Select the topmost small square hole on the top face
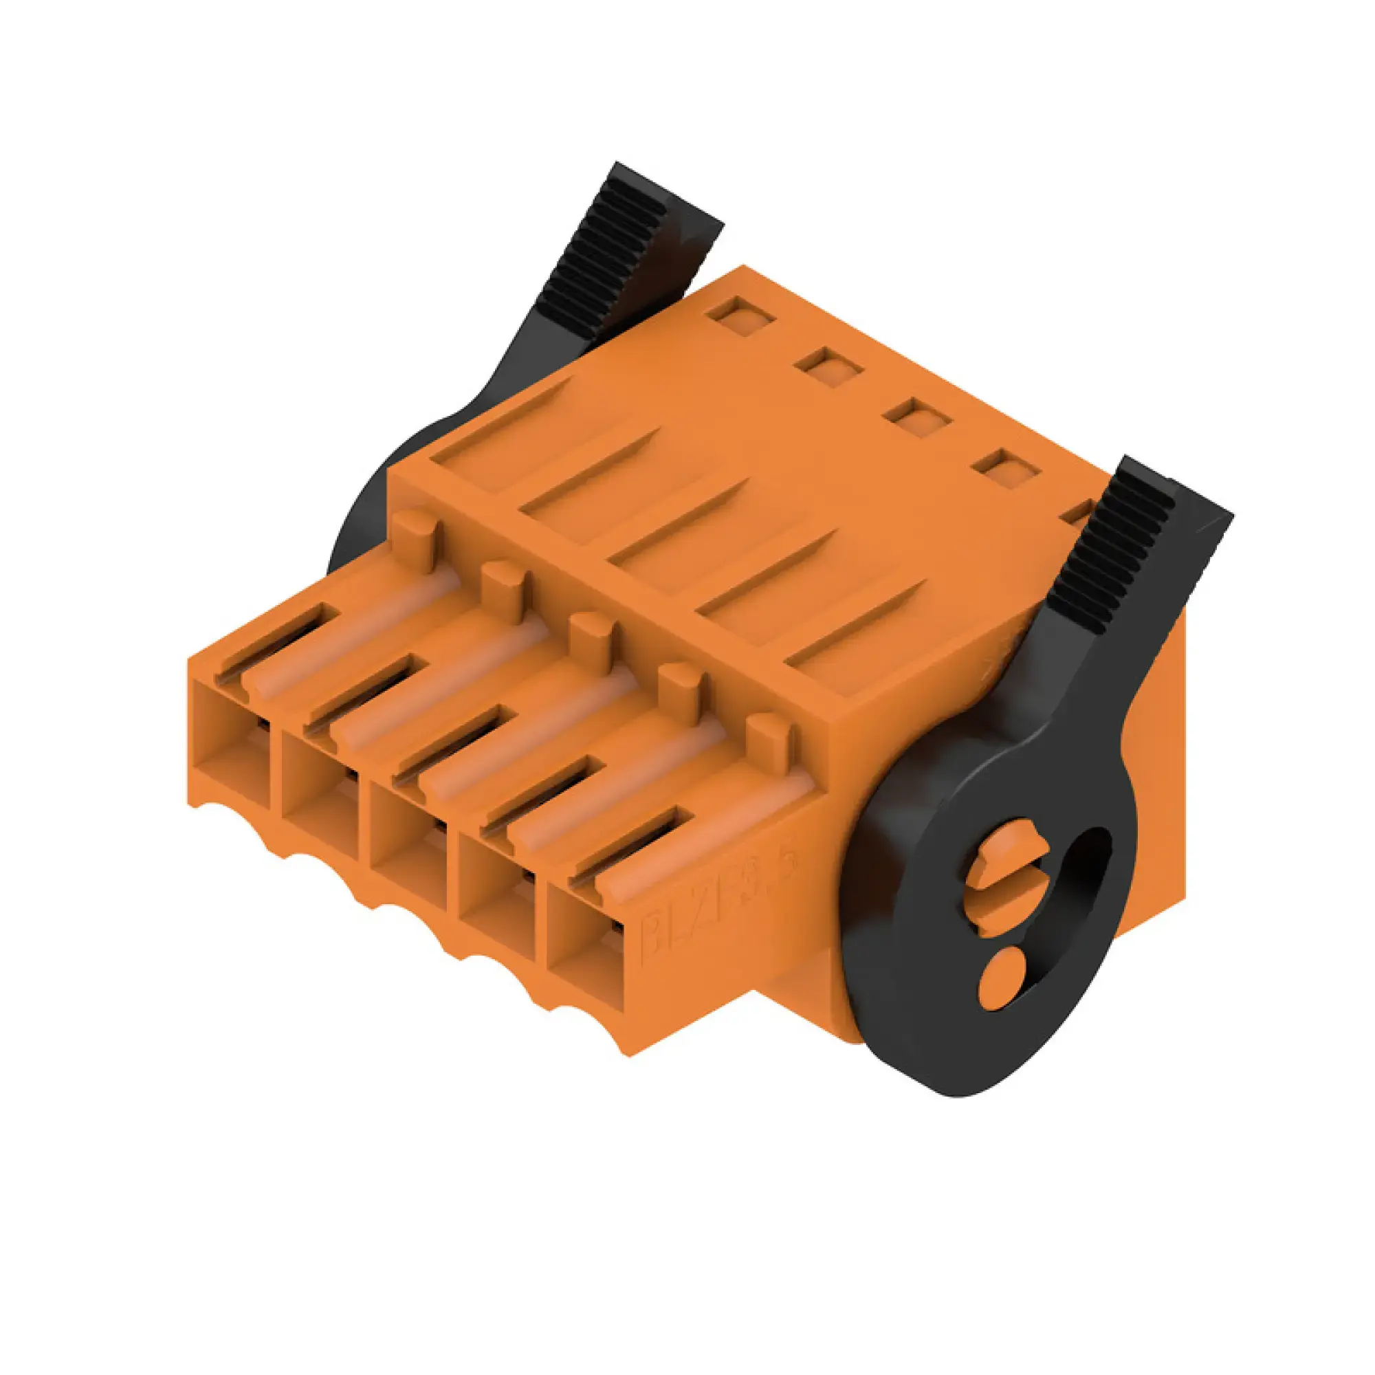tap(742, 314)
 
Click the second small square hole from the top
tap(829, 366)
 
